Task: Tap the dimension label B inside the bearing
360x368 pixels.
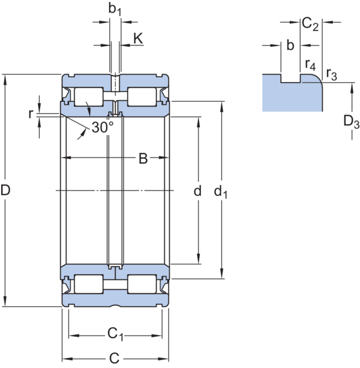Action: point(143,159)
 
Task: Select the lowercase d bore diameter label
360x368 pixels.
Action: point(197,191)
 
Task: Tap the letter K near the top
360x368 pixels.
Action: point(139,39)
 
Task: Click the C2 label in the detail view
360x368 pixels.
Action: point(310,26)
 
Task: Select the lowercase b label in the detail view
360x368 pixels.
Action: point(291,46)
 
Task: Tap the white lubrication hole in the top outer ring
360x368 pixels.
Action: point(116,82)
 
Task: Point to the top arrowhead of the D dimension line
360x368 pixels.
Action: point(5,76)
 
